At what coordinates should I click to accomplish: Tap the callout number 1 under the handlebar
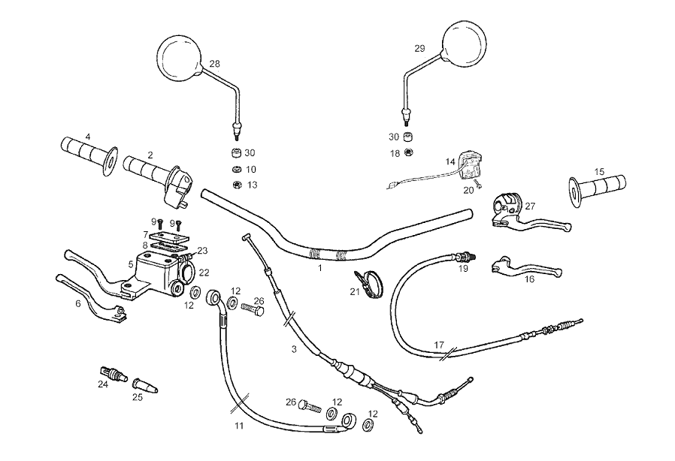pos(319,267)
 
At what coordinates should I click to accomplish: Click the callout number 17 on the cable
pos(439,345)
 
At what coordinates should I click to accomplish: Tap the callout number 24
pos(102,384)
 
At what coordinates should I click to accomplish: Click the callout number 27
pos(530,206)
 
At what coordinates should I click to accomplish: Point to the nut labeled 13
pos(235,184)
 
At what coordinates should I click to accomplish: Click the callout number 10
pos(251,170)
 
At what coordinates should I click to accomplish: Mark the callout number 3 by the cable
pos(294,350)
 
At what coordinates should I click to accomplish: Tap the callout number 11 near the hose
pos(239,426)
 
